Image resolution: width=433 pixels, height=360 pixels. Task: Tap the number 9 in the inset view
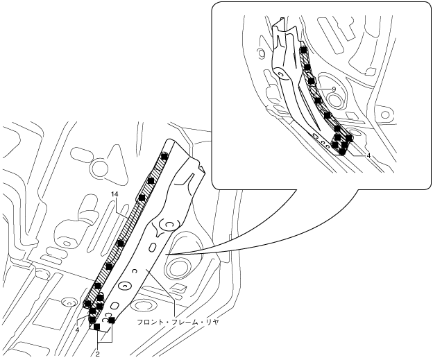[x=334, y=89]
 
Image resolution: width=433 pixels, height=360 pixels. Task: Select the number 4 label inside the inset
[x=368, y=156]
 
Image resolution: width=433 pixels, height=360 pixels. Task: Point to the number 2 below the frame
[x=97, y=354]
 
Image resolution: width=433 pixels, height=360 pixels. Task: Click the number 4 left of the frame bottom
[x=78, y=329]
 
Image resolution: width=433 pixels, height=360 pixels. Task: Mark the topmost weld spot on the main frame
[x=164, y=157]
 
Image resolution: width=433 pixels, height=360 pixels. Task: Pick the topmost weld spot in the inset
[x=303, y=51]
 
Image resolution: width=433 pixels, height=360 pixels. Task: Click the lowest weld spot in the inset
[x=341, y=152]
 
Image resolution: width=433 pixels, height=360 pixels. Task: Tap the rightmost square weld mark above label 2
[x=111, y=320]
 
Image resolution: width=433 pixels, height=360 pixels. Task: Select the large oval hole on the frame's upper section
[x=167, y=225]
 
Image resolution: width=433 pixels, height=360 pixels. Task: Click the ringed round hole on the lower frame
[x=126, y=284]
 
